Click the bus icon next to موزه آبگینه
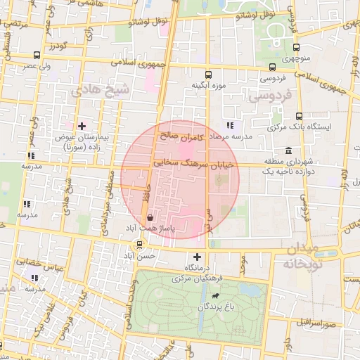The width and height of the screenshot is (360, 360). click(x=207, y=75)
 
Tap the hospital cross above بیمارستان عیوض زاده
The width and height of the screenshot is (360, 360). click(x=82, y=125)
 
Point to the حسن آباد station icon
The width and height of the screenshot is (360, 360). click(x=139, y=245)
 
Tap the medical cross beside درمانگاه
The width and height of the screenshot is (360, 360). click(x=197, y=257)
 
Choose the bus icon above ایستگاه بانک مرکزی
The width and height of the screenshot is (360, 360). click(x=300, y=116)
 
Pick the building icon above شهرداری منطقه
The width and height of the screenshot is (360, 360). click(x=289, y=150)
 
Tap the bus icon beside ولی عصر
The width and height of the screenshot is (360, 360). click(x=37, y=55)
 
